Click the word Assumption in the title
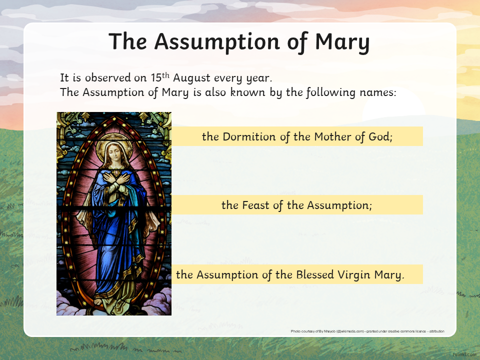click(x=217, y=42)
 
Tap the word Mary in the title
click(x=342, y=42)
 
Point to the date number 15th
click(x=160, y=77)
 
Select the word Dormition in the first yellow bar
click(x=249, y=136)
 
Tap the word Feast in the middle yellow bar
click(x=255, y=205)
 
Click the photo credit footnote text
click(x=367, y=331)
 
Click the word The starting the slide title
click(x=128, y=41)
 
